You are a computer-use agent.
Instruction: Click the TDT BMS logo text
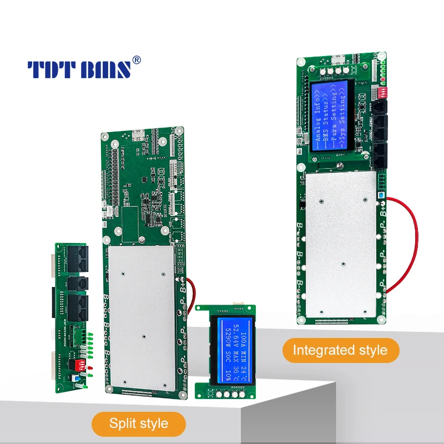(x=79, y=69)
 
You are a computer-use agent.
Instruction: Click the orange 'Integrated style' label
(x=340, y=350)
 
